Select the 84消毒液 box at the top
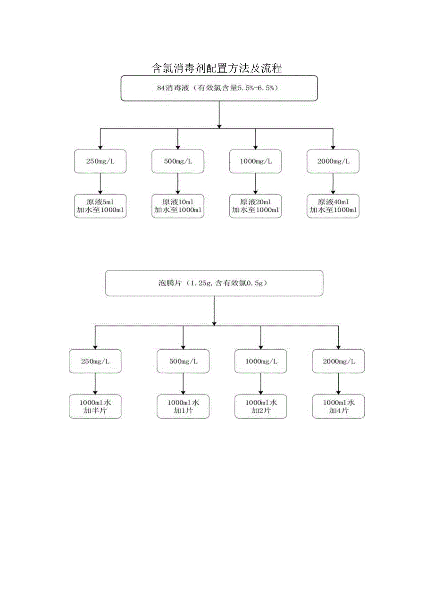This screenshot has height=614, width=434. click(x=219, y=88)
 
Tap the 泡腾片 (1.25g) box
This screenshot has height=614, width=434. click(x=214, y=283)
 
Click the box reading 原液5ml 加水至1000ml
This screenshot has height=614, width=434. click(x=100, y=206)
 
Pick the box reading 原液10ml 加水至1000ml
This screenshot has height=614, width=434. click(x=177, y=206)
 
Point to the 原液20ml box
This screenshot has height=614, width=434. click(x=255, y=206)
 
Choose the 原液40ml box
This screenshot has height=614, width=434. click(x=333, y=206)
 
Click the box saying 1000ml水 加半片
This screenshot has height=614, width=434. click(x=95, y=406)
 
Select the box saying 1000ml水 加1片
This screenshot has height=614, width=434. click(x=183, y=406)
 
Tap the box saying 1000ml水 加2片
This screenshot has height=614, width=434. click(x=261, y=406)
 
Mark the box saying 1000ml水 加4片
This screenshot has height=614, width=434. click(x=338, y=406)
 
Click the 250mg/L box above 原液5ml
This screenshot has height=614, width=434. click(x=100, y=161)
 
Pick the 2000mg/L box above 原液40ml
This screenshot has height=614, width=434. click(x=333, y=161)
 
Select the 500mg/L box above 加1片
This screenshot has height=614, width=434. click(x=183, y=361)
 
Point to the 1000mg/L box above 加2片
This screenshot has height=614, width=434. click(x=261, y=361)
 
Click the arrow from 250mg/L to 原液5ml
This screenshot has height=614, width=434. click(x=100, y=183)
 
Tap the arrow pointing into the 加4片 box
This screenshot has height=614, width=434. click(x=338, y=384)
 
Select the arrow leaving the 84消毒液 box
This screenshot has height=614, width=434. click(x=219, y=114)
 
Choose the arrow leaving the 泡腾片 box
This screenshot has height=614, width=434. click(x=214, y=311)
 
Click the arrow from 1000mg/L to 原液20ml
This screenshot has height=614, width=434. click(x=255, y=183)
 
